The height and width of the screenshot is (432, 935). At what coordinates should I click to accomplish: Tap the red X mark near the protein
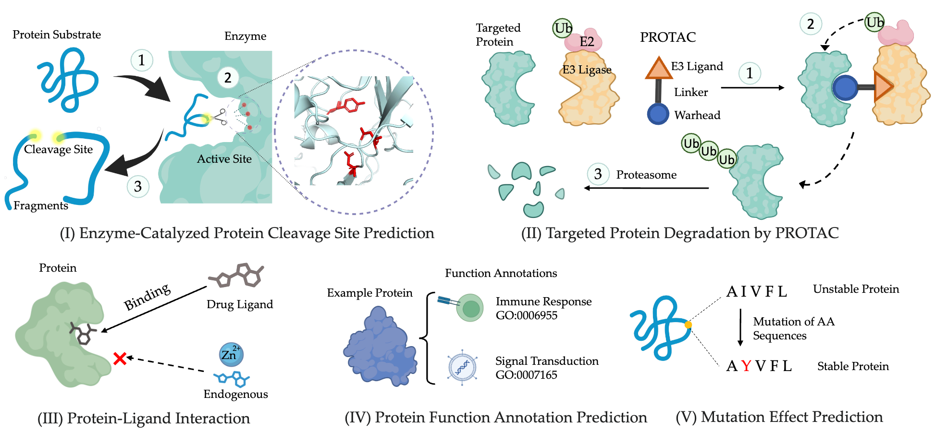[120, 358]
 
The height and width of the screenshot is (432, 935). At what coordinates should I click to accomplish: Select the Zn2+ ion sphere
[231, 355]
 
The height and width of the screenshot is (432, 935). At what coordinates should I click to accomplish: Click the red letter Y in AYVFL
[746, 366]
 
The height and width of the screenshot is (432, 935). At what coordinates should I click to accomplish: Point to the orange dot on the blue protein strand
[688, 325]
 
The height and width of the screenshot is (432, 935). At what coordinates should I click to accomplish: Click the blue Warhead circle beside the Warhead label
[658, 114]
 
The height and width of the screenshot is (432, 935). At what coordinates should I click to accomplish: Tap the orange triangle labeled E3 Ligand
[658, 68]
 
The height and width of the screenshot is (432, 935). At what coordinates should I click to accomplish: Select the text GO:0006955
[527, 315]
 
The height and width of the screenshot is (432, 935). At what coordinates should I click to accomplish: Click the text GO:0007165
[527, 375]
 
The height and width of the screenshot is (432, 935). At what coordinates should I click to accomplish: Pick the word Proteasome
[646, 175]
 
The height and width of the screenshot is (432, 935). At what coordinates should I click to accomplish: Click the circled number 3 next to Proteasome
[598, 174]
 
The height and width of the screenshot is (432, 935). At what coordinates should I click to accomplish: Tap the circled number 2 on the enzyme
[228, 77]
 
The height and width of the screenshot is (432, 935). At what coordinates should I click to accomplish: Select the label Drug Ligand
[240, 304]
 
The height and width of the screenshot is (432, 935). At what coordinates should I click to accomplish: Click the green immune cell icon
[469, 308]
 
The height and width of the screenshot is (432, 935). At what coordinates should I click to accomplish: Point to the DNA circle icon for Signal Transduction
[462, 368]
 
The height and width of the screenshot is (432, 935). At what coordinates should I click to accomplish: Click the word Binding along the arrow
[147, 297]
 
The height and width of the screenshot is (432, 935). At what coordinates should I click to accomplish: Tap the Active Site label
[224, 159]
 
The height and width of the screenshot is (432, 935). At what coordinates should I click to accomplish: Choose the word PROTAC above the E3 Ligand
[668, 37]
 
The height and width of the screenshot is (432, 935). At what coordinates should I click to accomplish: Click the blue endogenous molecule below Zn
[232, 379]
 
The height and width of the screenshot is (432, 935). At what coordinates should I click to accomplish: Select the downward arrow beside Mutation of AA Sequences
[740, 327]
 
